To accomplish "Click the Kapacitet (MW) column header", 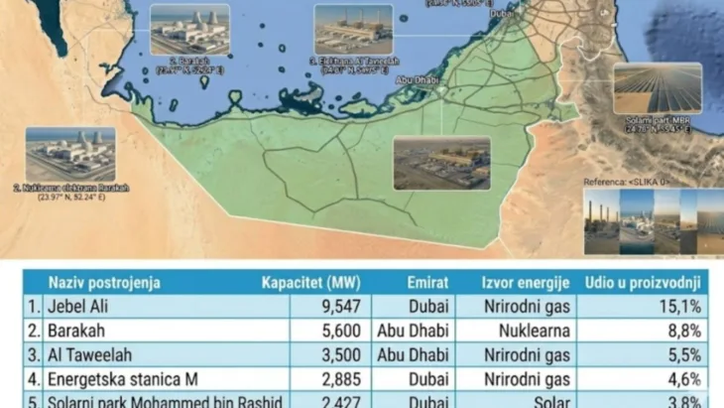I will pos(307,282).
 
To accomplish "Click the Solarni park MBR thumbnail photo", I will pos(657,88).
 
